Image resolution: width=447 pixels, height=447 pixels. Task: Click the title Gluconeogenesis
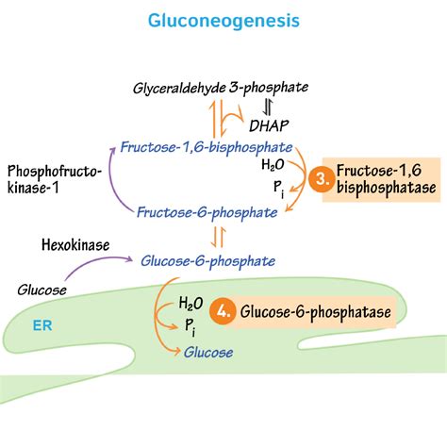(x=223, y=19)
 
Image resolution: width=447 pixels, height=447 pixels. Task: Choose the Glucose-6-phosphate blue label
(x=207, y=260)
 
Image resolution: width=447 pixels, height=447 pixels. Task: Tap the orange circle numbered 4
(x=223, y=311)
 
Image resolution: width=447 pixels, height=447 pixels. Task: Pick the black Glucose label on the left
(x=42, y=290)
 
